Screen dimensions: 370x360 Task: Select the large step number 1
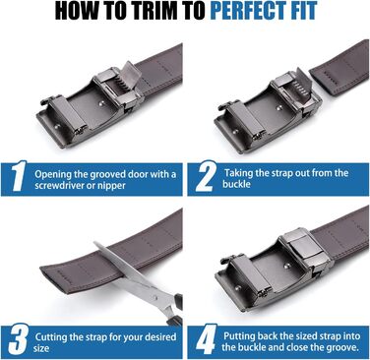click(x=19, y=176)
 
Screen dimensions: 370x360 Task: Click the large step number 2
click(x=206, y=176)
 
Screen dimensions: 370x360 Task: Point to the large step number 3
click(x=19, y=339)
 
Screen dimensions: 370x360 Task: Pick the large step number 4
click(x=206, y=339)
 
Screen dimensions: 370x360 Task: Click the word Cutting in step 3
click(x=50, y=337)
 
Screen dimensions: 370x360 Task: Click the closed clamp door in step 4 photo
click(x=303, y=248)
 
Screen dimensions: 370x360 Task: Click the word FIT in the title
click(x=302, y=11)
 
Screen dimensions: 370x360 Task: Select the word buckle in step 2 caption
click(x=236, y=184)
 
